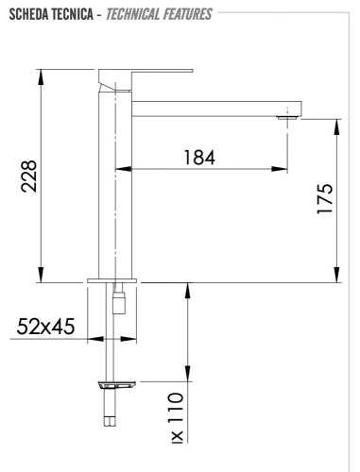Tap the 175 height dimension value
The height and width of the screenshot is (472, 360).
click(x=324, y=200)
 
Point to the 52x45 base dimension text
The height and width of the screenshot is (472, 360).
click(x=45, y=329)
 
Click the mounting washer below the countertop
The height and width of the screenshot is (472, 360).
click(x=115, y=384)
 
